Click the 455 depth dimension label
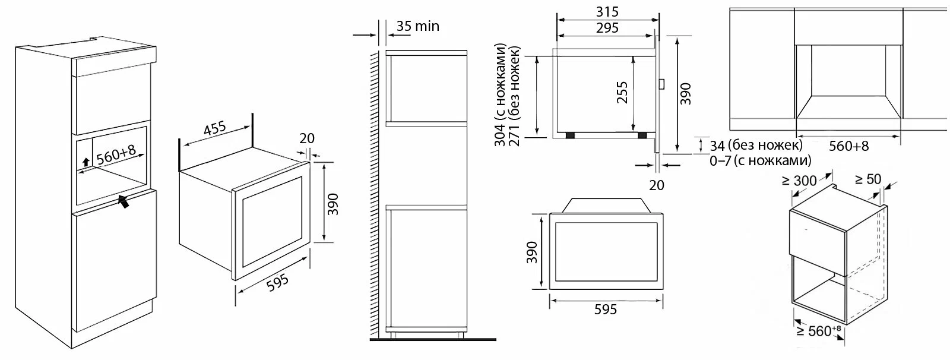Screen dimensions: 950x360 pos(215,128)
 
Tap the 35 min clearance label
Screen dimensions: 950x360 pos(418,26)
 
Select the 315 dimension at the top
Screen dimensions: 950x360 pos(607,11)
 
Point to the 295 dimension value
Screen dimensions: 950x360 pos(607,28)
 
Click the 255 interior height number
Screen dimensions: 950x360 pos(622,93)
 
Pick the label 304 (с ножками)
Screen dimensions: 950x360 pos(501,94)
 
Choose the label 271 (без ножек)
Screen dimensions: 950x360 pos(514,96)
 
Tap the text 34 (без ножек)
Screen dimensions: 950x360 pos(756,146)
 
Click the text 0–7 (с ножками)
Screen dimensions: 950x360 pos(761,161)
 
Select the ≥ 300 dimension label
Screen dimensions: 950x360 pos(799,181)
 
